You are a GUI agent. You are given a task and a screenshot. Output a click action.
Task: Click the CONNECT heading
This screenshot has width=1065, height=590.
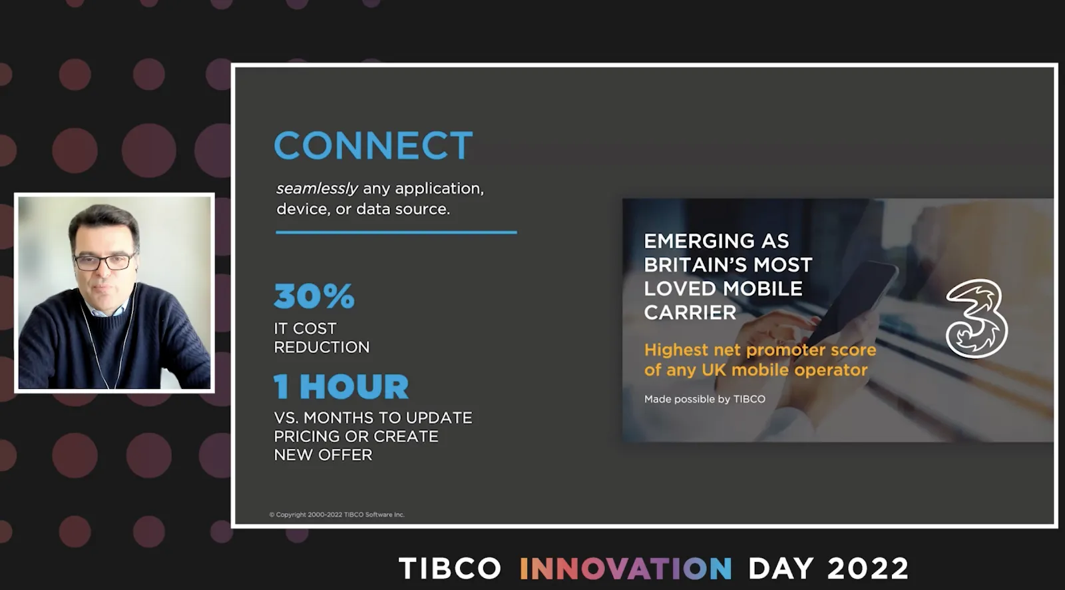(x=373, y=145)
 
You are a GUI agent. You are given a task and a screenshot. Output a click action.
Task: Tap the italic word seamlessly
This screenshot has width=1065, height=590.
(x=317, y=189)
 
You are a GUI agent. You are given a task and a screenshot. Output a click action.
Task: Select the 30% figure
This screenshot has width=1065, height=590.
(x=314, y=296)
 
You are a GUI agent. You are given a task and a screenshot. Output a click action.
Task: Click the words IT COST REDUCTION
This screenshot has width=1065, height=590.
(x=321, y=338)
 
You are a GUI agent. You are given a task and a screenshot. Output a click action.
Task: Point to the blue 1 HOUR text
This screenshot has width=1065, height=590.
(x=341, y=386)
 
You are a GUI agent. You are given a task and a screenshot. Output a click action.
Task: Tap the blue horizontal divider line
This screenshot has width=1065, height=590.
(x=396, y=232)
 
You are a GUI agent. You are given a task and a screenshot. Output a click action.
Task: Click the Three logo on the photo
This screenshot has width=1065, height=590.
(x=976, y=318)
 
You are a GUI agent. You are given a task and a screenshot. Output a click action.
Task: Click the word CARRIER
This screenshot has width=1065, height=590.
(x=690, y=312)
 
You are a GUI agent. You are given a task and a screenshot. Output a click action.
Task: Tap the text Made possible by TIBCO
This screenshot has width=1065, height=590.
(x=705, y=399)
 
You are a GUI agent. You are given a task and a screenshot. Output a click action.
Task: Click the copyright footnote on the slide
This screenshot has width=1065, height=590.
(x=337, y=514)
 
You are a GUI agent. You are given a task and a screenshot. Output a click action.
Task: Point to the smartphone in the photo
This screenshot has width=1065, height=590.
(x=851, y=304)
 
